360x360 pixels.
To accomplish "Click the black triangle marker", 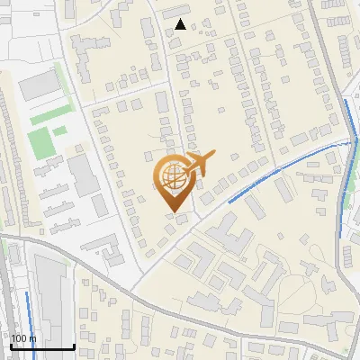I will coord(181,24).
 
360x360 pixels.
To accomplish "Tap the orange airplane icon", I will coord(200,164).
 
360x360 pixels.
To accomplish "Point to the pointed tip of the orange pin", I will coord(171,212).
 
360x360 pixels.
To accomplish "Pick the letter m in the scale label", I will coord(33,339).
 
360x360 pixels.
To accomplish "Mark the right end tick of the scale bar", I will coord(74,346).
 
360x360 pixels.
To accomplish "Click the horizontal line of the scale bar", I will coord(41,347).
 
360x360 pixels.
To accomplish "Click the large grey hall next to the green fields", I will coord(37,85).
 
